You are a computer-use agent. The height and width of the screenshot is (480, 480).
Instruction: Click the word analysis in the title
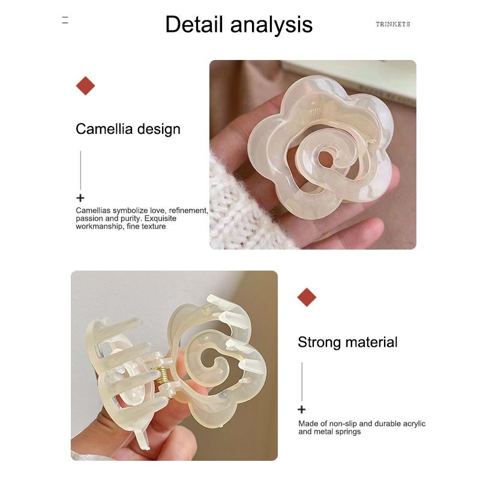tap(271, 25)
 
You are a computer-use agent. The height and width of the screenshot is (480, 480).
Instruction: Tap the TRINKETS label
tap(393, 24)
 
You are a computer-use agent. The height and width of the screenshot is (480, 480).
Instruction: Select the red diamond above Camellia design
tap(85, 86)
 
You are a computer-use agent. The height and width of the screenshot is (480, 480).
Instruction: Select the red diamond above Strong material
tap(307, 297)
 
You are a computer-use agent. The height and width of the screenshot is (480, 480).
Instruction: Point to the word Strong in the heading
tap(319, 342)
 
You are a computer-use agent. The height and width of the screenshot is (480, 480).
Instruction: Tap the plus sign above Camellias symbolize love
tap(80, 198)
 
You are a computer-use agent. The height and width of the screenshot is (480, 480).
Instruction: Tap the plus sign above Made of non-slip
tap(302, 409)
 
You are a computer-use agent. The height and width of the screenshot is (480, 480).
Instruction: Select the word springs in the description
tap(348, 432)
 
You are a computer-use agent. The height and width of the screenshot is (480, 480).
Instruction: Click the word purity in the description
tap(131, 218)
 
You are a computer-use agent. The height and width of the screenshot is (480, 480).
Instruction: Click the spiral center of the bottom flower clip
tap(214, 361)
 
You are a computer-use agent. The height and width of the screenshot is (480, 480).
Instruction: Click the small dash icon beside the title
tap(65, 20)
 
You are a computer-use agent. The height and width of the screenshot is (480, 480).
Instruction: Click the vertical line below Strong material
tap(302, 382)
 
